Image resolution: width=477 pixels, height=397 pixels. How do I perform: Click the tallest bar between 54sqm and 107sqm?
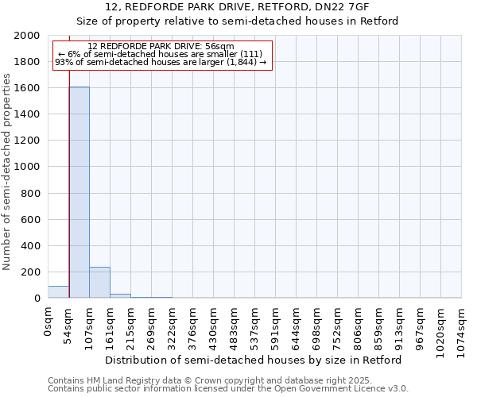click(79, 192)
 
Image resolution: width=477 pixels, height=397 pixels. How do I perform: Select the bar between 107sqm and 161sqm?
click(99, 283)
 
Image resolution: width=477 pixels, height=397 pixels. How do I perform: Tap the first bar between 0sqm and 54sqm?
click(58, 292)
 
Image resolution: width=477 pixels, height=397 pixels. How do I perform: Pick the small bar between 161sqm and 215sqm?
click(120, 296)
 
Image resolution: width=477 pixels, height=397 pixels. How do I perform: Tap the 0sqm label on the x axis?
click(48, 322)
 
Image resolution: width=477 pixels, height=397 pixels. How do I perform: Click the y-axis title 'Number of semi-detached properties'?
click(7, 172)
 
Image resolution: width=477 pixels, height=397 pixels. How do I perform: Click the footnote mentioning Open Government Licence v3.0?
click(228, 388)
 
